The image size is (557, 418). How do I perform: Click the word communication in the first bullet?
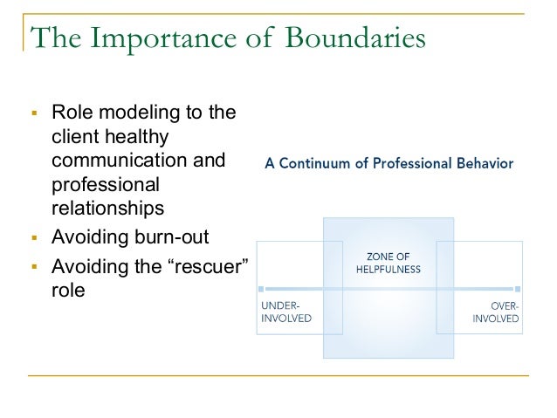click(138, 161)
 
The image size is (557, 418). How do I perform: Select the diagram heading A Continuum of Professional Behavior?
click(389, 163)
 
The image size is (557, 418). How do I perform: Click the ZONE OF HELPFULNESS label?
click(389, 263)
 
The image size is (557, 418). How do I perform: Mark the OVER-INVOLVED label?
click(495, 312)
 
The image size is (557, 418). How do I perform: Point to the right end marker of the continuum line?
click(518, 288)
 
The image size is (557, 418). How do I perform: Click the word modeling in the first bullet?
click(133, 113)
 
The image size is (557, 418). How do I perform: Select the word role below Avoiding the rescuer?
click(69, 289)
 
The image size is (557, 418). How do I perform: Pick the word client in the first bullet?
click(77, 137)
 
